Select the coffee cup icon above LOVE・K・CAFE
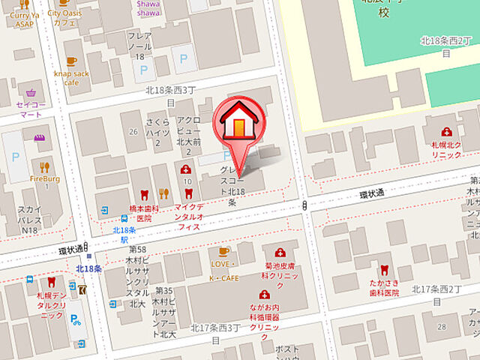click(223, 251)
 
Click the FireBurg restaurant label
click(44, 181)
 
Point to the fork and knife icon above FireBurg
click(44, 167)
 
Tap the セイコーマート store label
click(31, 110)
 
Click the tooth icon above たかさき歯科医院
click(384, 268)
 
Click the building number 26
click(133, 132)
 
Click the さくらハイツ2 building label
click(157, 131)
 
